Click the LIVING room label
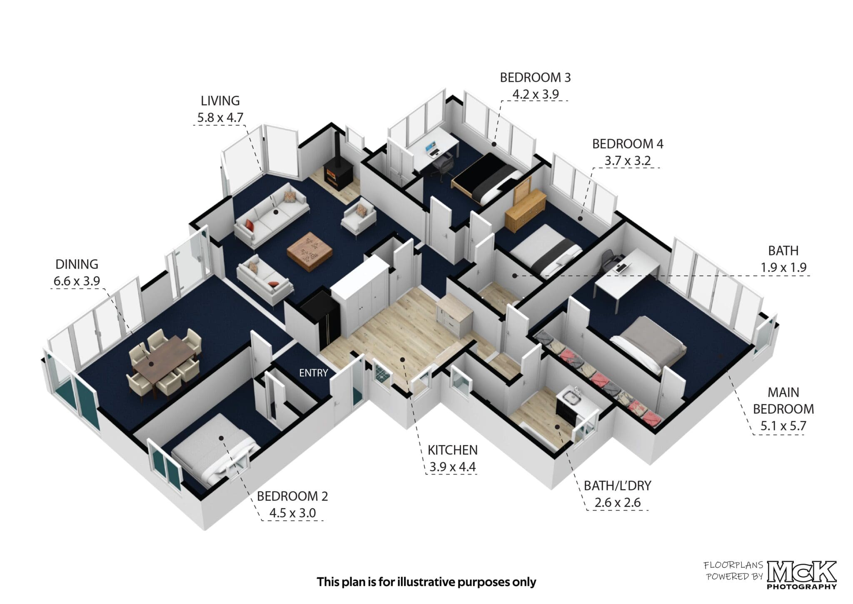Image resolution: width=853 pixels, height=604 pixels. coord(220,101)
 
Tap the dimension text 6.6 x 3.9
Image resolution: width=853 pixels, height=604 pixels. coord(77,281)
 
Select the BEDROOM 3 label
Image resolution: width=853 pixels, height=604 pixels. coord(535,77)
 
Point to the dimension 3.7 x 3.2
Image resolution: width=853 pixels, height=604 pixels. coord(627,160)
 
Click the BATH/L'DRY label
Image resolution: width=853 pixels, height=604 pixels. coord(617,485)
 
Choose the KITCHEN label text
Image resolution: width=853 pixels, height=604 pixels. coord(452,450)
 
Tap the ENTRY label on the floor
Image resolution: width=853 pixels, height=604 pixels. coord(313,373)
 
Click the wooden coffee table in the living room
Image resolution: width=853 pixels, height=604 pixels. coord(309,253)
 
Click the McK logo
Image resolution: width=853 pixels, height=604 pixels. coord(802,574)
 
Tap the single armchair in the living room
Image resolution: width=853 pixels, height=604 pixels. coord(359,216)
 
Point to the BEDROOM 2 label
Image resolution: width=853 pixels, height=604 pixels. coord(292,496)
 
